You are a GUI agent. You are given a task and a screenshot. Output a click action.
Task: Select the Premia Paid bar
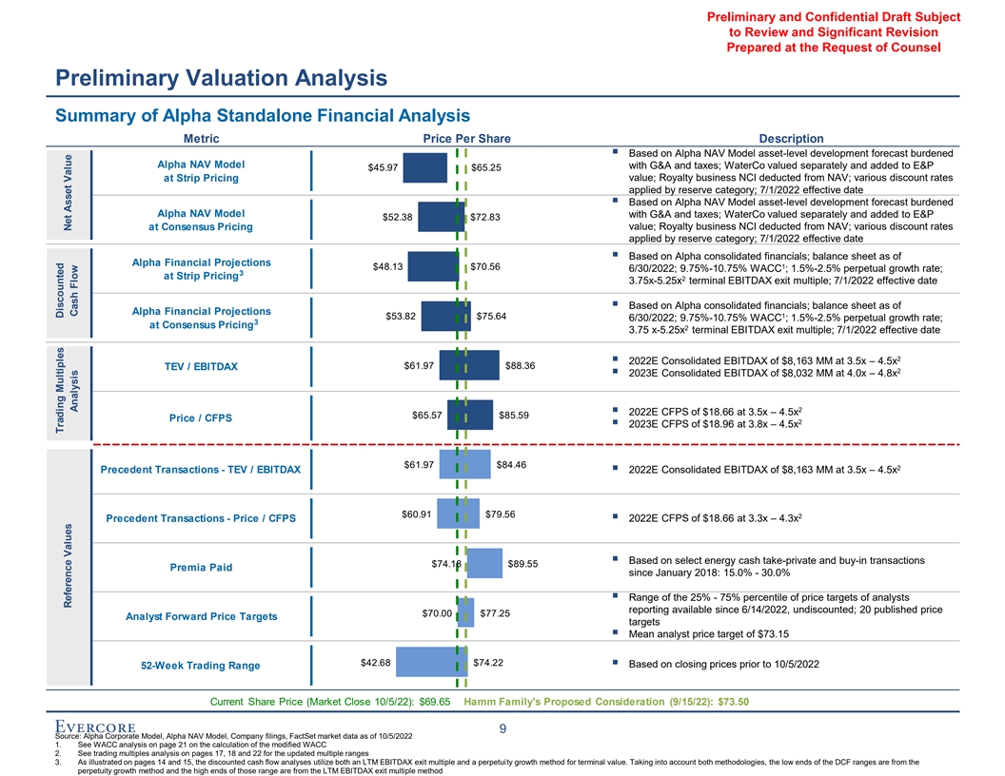point(485,563)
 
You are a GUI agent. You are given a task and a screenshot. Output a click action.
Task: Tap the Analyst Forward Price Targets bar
point(465,612)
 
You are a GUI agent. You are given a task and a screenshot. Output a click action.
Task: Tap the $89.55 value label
point(523,563)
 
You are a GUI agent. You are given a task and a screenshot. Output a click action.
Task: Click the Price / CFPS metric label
point(201,417)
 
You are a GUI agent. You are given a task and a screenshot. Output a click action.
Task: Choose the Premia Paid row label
point(201,568)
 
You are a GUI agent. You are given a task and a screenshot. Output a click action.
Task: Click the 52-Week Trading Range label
point(201,665)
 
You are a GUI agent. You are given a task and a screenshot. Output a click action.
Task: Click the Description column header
point(785,139)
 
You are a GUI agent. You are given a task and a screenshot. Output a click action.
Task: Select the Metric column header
point(201,139)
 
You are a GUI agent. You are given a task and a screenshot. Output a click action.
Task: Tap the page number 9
point(502,728)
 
